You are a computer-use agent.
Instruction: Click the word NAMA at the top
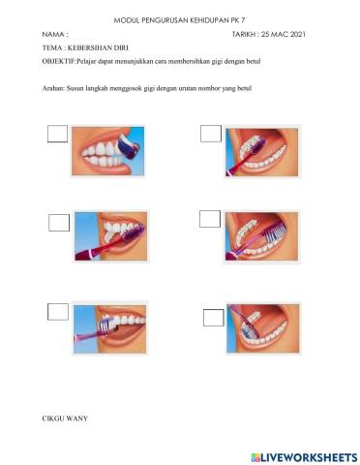(52, 34)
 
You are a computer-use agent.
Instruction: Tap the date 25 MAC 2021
(284, 34)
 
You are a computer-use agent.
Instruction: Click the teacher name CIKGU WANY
(65, 418)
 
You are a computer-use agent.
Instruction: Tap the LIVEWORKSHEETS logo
(305, 457)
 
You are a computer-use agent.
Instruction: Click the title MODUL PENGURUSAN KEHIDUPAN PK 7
(179, 20)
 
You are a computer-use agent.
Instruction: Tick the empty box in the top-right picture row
(211, 134)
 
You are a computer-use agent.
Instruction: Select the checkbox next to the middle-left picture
(59, 223)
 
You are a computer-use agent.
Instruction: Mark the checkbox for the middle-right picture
(210, 219)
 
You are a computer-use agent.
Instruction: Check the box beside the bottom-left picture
(58, 312)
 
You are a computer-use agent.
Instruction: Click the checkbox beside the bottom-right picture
(214, 318)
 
